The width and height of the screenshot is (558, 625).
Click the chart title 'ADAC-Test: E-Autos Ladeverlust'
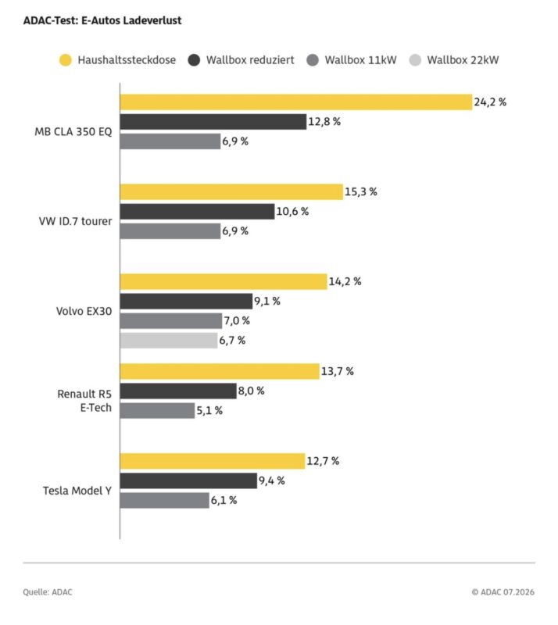pos(102,20)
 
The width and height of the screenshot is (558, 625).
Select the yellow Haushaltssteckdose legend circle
pos(66,60)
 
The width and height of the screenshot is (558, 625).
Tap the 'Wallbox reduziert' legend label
pos(250,60)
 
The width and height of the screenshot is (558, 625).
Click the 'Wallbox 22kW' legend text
pos(463,60)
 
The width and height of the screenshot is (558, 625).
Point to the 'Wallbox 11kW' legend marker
pos(313,60)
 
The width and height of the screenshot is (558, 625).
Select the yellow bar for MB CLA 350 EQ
pos(296,102)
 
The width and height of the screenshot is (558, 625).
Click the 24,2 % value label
pos(490,102)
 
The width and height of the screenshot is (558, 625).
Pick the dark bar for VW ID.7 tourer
pos(198,212)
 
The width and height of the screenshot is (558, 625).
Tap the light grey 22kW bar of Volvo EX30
pos(169,341)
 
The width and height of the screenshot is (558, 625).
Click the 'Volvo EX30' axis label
pos(84,311)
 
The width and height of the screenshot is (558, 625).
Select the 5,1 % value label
pos(209,411)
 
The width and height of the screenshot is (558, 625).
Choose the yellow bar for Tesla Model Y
pos(213,461)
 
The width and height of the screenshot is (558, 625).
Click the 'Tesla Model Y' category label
pos(77,491)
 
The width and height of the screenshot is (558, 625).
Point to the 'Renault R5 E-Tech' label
pos(84,401)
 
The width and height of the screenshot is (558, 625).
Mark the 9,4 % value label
pos(272,480)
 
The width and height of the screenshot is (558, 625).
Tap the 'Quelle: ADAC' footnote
pos(48,592)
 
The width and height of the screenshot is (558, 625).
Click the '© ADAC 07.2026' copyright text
pos(503,592)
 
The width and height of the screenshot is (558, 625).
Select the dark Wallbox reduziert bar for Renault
pos(178,391)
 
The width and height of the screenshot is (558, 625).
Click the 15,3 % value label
pos(361,191)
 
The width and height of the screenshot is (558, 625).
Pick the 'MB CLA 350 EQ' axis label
pos(73,132)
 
